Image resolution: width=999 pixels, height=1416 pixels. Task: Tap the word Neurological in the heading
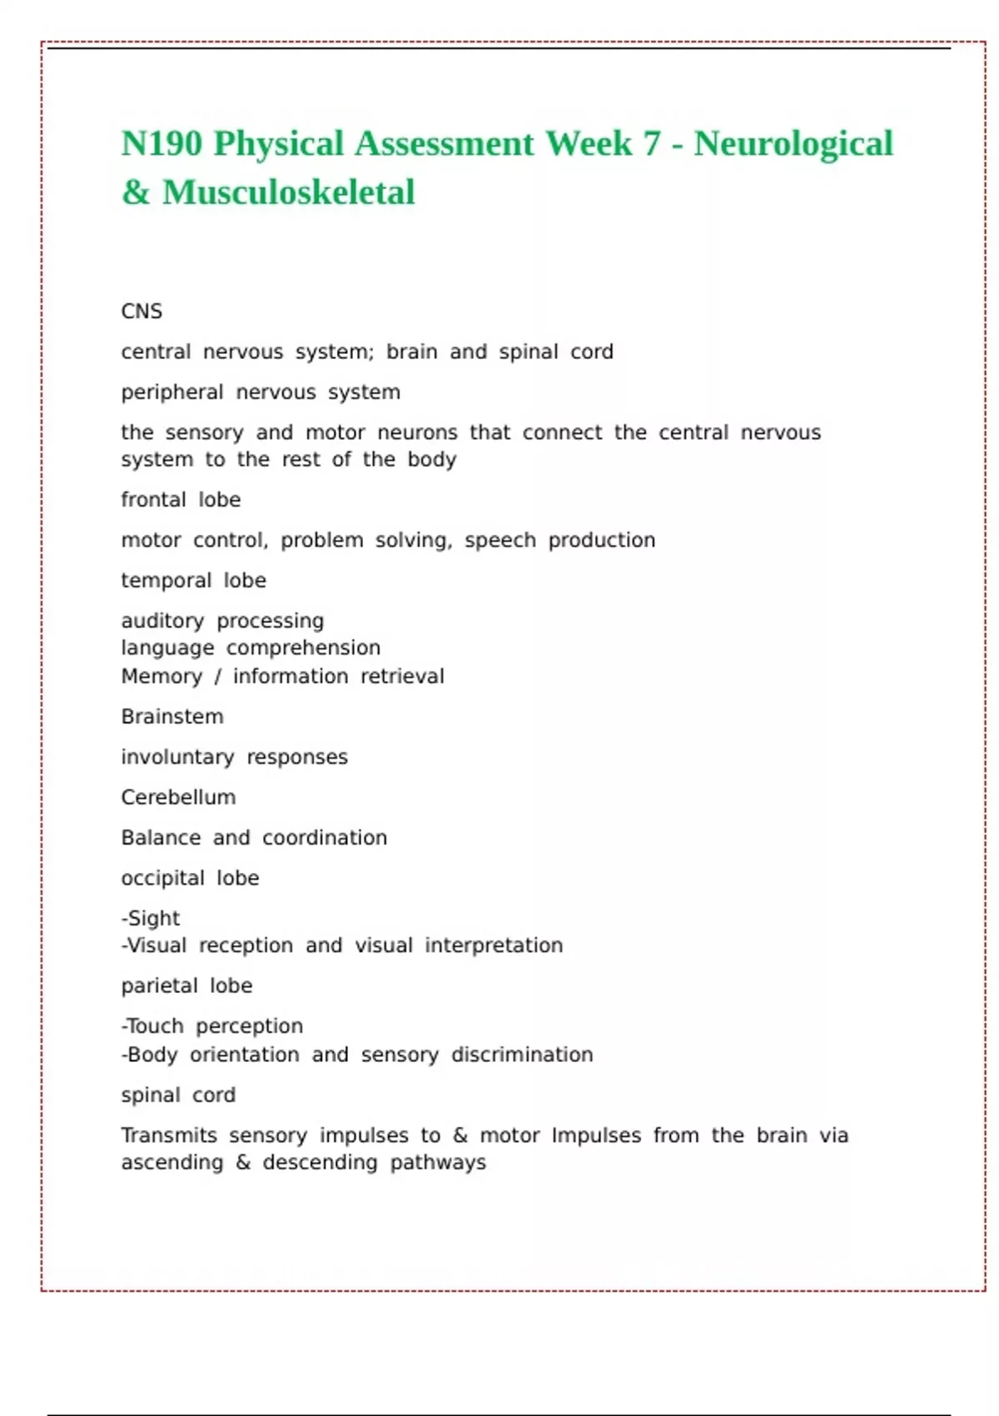(793, 143)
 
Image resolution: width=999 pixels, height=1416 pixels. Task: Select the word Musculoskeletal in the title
(288, 192)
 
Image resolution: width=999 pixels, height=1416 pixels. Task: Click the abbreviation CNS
(142, 312)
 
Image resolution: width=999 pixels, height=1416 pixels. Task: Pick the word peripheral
(172, 392)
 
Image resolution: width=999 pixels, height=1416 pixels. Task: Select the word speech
(499, 541)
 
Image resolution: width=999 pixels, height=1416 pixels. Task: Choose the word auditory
(162, 621)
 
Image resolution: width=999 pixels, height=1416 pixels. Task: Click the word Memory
(162, 676)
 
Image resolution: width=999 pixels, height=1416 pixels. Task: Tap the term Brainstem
(172, 716)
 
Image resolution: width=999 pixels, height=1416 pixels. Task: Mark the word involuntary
(177, 757)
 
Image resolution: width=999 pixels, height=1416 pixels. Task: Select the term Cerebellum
(178, 797)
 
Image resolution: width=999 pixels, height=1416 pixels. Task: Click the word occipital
(162, 878)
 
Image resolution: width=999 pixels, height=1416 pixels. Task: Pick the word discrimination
(522, 1055)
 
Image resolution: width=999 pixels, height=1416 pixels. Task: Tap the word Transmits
(169, 1135)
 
